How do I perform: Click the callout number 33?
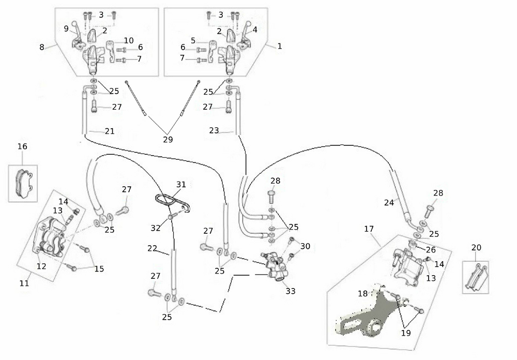click(x=291, y=291)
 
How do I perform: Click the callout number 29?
click(x=168, y=140)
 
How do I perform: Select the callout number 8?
click(x=42, y=47)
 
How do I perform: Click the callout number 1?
click(x=280, y=46)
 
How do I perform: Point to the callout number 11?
click(x=24, y=283)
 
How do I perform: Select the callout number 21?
click(x=109, y=131)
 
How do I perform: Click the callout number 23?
click(x=214, y=131)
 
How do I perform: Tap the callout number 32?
click(x=156, y=228)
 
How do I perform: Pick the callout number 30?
click(x=305, y=246)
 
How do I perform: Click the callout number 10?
click(x=129, y=40)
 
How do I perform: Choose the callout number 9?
click(x=66, y=28)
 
